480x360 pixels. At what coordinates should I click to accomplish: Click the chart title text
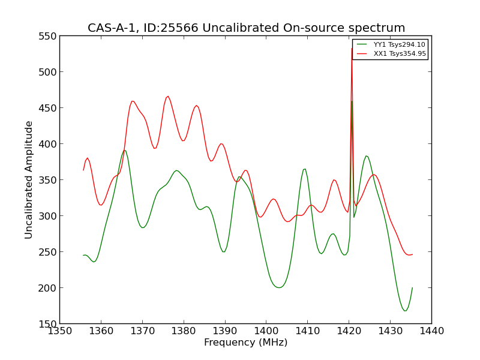[x=246, y=28]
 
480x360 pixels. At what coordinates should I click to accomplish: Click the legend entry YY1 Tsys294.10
[x=399, y=44]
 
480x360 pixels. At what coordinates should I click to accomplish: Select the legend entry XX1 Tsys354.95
[x=400, y=53]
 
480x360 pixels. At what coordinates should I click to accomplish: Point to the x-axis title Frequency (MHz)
[x=245, y=343]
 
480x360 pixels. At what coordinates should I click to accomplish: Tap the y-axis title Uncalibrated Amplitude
[x=29, y=180]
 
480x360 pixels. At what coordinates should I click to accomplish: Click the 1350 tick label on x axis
[x=59, y=331]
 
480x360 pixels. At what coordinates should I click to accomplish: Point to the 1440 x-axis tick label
[x=431, y=331]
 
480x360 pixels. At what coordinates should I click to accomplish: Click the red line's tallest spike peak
[x=352, y=49]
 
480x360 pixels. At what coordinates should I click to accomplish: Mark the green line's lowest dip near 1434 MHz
[x=405, y=311]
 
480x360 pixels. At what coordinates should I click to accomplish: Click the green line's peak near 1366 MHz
[x=124, y=150]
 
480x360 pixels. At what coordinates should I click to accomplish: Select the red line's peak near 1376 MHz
[x=168, y=96]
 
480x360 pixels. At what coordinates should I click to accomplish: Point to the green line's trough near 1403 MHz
[x=279, y=287]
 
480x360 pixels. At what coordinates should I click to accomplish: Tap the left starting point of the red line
[x=83, y=170]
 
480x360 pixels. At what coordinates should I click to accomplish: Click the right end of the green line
[x=412, y=287]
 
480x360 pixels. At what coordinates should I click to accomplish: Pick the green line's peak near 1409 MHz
[x=305, y=169]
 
